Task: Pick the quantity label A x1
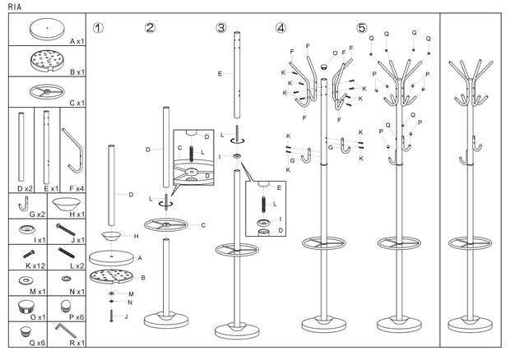[x=77, y=40]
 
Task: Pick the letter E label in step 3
[x=220, y=74]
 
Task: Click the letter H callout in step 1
[x=136, y=236]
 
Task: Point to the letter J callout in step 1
[x=126, y=316]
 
